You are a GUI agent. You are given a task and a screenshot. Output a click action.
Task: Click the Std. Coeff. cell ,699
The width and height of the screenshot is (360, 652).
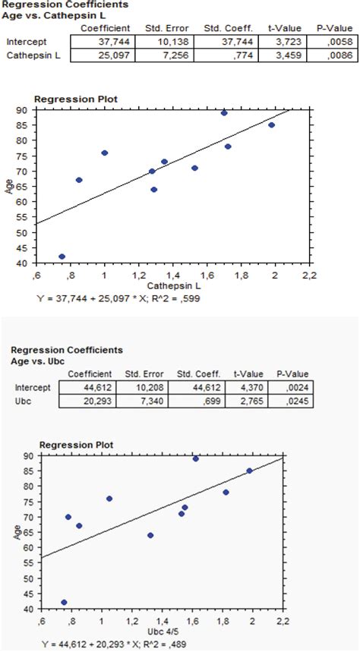194,400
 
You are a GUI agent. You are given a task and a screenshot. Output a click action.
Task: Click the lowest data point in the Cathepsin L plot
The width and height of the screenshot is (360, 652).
62,257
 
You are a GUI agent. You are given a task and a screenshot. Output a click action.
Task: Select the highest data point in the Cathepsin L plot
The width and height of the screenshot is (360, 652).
224,113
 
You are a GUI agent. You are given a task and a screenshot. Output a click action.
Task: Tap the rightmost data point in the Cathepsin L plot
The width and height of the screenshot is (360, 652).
271,125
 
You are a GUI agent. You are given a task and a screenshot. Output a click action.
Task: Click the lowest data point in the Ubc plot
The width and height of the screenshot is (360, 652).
64,602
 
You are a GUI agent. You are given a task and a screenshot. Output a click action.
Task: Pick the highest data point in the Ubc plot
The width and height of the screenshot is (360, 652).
196,458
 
